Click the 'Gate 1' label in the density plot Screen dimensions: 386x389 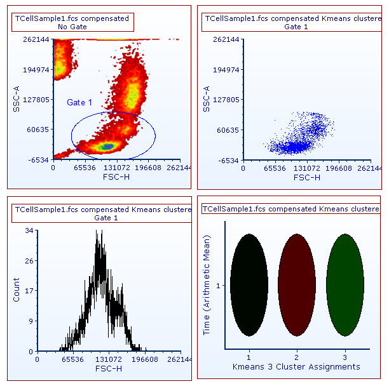coord(79,102)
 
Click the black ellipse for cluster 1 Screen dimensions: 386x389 coord(250,284)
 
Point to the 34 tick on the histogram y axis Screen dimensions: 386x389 coord(29,231)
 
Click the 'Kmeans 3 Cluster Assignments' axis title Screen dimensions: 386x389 coord(296,367)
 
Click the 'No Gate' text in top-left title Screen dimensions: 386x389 coord(72,27)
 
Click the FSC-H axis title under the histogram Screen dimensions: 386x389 coord(109,368)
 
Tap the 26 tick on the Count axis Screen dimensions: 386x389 coord(29,261)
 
